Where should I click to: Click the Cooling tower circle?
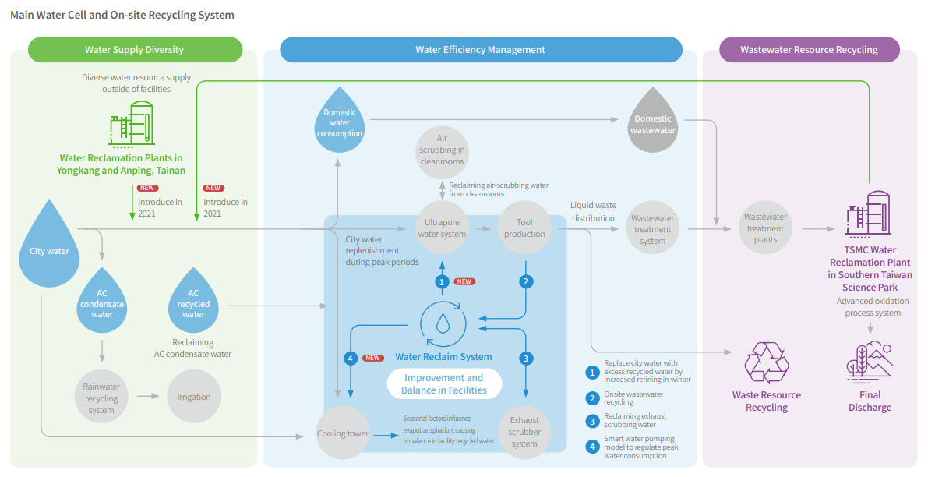342,433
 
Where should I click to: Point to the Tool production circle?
524,227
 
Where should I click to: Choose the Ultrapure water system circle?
442,227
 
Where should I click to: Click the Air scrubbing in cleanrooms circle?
442,150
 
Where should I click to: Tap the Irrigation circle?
193,397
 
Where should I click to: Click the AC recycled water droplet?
193,300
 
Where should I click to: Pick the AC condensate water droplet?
101,300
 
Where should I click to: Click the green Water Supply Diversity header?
135,50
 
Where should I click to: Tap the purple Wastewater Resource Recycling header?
808,50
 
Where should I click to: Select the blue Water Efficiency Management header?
480,50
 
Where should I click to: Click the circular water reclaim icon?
443,323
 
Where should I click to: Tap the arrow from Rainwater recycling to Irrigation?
148,397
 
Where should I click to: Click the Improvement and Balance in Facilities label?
443,384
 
